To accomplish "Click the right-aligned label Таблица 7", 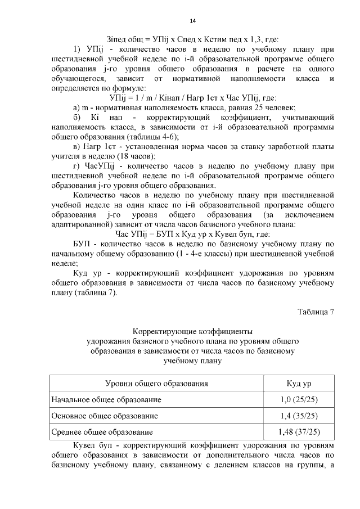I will [316, 313].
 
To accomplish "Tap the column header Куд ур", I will [299, 384].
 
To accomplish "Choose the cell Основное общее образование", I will [105, 416].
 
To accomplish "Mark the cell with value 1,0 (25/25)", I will [299, 400].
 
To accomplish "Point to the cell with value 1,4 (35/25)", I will [299, 416].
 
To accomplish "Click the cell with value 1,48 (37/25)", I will [299, 433].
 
